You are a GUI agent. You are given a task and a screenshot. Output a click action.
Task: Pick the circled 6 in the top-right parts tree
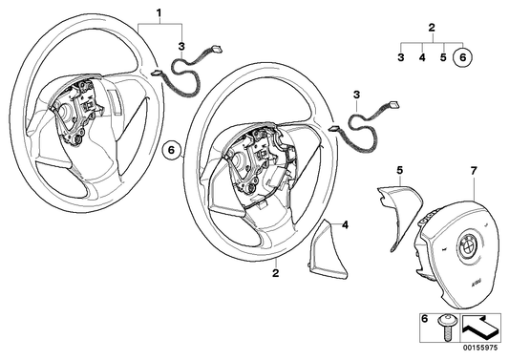coord(463,57)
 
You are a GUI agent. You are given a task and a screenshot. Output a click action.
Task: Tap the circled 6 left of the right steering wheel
coord(171,149)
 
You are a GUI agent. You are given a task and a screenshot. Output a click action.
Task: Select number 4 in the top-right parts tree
coord(422,58)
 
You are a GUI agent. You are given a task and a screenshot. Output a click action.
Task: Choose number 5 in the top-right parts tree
coord(442,58)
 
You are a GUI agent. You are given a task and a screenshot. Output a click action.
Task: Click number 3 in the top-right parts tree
coord(401,58)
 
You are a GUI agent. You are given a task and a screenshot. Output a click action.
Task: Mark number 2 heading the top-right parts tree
coord(432,28)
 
